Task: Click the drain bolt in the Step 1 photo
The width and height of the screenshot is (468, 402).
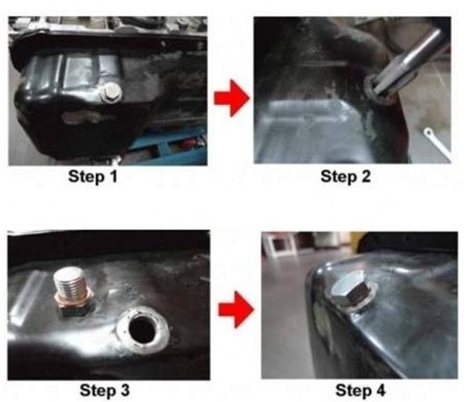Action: click(x=111, y=93)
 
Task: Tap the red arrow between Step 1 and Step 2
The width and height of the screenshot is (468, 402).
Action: click(x=231, y=98)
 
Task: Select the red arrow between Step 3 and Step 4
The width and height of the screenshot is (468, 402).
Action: click(x=236, y=309)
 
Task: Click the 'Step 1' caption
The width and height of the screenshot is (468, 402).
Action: click(x=93, y=177)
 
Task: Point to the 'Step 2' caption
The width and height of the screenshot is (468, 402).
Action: click(x=345, y=177)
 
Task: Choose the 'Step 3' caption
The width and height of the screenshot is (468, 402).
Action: click(x=105, y=390)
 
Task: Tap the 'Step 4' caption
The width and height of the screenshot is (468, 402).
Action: click(x=360, y=390)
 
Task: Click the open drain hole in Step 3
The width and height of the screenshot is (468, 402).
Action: click(x=142, y=330)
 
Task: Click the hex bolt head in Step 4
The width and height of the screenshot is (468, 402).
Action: click(x=349, y=290)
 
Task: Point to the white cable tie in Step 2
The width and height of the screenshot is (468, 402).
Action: click(x=437, y=143)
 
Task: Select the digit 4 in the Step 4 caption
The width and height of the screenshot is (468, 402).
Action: click(x=381, y=390)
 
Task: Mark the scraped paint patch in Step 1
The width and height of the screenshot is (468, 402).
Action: click(x=82, y=117)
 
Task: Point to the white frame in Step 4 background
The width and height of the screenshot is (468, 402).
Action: click(x=279, y=244)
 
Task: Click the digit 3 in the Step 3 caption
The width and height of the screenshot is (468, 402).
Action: click(x=124, y=390)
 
